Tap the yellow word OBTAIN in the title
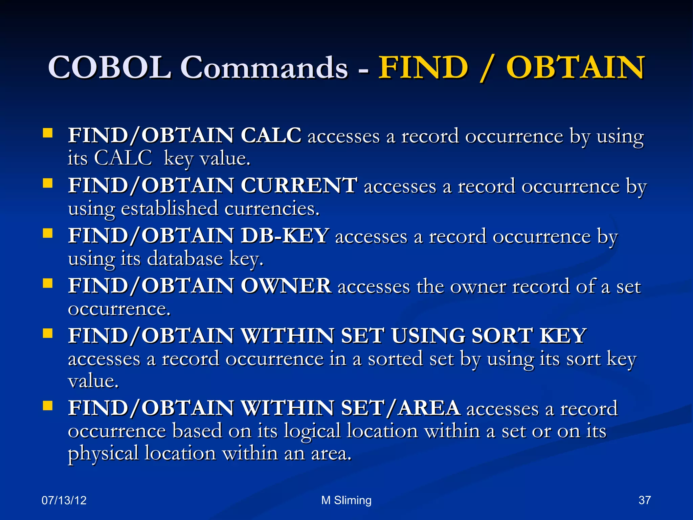coord(575,67)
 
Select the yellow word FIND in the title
coord(423,67)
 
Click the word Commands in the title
coord(264,67)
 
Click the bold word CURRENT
coord(299,186)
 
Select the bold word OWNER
coord(286,286)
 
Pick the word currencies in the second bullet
coord(272,208)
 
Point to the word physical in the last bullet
coord(103,453)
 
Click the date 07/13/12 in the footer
coord(64,500)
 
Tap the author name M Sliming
coord(346,500)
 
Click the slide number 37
coord(644,500)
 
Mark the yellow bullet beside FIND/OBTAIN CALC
coord(48,133)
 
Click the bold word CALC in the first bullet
coord(271,135)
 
